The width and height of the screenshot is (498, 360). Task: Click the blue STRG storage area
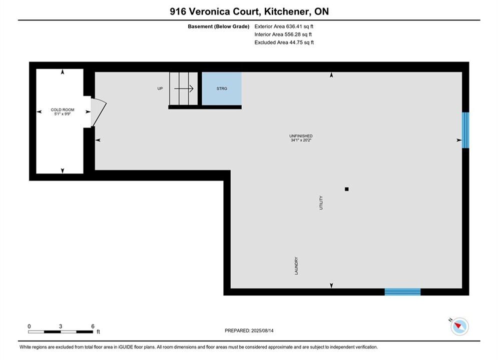(x=222, y=88)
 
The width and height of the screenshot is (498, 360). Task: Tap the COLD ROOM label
(x=63, y=109)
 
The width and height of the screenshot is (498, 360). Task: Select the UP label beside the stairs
(x=160, y=88)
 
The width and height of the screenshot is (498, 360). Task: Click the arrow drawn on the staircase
(x=184, y=88)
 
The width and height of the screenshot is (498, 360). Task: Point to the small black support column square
(x=347, y=189)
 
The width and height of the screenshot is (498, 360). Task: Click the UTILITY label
(x=321, y=202)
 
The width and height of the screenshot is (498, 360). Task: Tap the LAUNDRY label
(x=296, y=266)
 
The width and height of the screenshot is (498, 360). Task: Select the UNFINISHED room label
(x=301, y=136)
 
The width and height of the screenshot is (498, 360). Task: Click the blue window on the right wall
(x=465, y=130)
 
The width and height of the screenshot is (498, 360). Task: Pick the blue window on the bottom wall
(x=403, y=292)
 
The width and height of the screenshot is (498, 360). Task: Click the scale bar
(x=61, y=332)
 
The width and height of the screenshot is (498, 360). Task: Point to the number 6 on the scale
(x=93, y=326)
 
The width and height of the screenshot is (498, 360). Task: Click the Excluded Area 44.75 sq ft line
(x=284, y=42)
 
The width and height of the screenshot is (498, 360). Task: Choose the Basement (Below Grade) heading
(x=219, y=26)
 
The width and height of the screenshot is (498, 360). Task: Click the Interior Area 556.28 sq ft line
(x=283, y=34)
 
